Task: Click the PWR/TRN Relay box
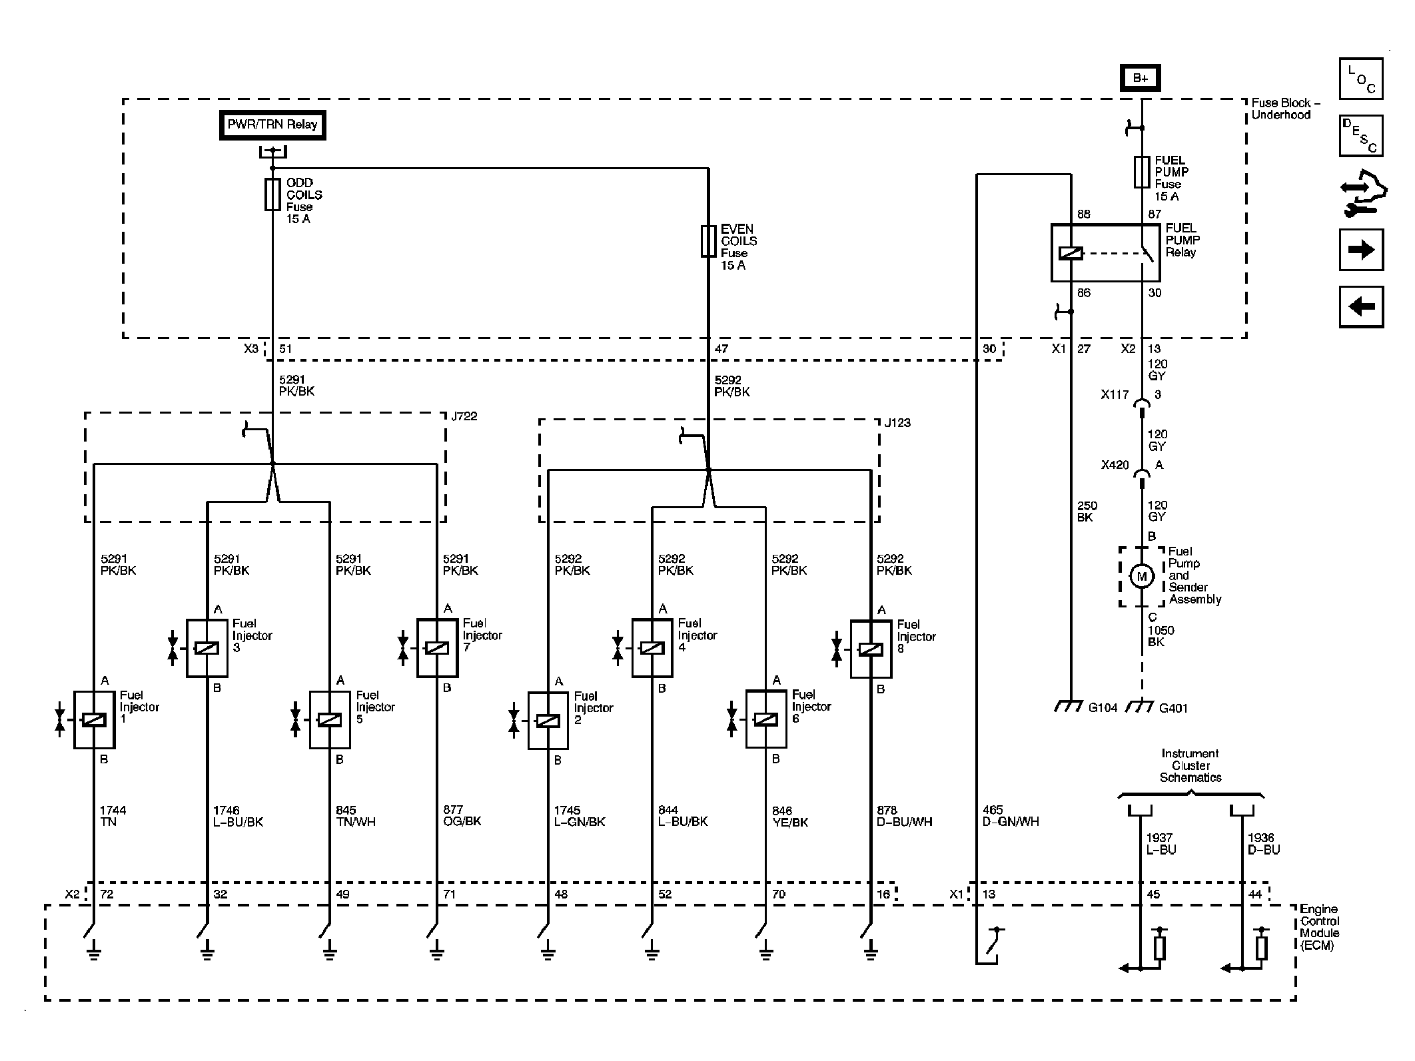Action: pyautogui.click(x=272, y=125)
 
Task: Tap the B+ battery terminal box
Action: pyautogui.click(x=1141, y=78)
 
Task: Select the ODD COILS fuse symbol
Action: pyautogui.click(x=272, y=194)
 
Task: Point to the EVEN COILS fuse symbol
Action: pyautogui.click(x=708, y=241)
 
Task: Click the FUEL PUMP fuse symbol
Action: pyautogui.click(x=1142, y=172)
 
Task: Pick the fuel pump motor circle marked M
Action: pyautogui.click(x=1142, y=576)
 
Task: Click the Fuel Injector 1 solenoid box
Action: pyautogui.click(x=94, y=720)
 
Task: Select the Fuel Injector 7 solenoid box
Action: pyautogui.click(x=437, y=648)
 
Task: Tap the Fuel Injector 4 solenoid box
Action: pyautogui.click(x=652, y=648)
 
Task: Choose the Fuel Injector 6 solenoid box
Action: pyautogui.click(x=766, y=720)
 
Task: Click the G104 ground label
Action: pyautogui.click(x=1103, y=708)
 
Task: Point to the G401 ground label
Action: pyautogui.click(x=1173, y=708)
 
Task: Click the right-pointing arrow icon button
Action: pyautogui.click(x=1361, y=250)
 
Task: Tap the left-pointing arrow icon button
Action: pyautogui.click(x=1361, y=306)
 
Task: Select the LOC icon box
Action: pyautogui.click(x=1361, y=79)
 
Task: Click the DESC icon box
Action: pyautogui.click(x=1361, y=136)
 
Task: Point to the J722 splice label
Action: pyautogui.click(x=464, y=416)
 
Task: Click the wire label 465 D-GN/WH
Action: pyautogui.click(x=1011, y=816)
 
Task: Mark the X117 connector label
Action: pyautogui.click(x=1115, y=394)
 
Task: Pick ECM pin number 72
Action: pyautogui.click(x=107, y=894)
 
